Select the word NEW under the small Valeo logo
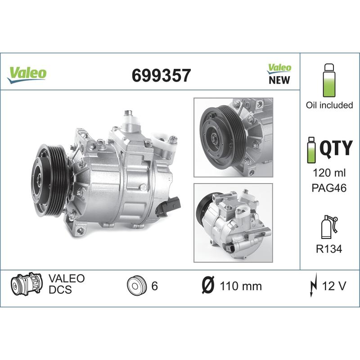(x=279, y=80)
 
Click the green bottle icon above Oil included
(x=329, y=80)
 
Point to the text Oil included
(x=329, y=105)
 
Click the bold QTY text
(x=336, y=147)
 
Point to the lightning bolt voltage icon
(x=314, y=285)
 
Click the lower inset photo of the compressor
(x=233, y=223)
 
